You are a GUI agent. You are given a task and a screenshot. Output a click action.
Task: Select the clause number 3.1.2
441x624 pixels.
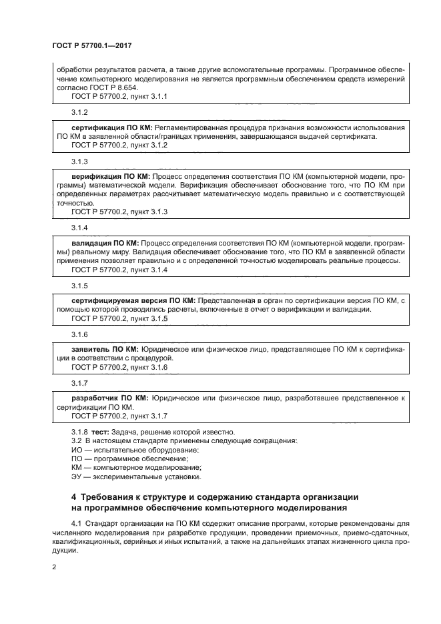(x=79, y=113)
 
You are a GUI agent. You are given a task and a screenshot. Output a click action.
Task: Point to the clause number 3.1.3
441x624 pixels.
(x=79, y=162)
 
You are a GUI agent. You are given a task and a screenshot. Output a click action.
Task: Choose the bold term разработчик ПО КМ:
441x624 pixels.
(x=109, y=398)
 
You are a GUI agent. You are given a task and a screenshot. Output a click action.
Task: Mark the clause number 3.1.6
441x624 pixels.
(x=79, y=334)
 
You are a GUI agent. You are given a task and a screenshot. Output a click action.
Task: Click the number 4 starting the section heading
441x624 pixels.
(x=74, y=497)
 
